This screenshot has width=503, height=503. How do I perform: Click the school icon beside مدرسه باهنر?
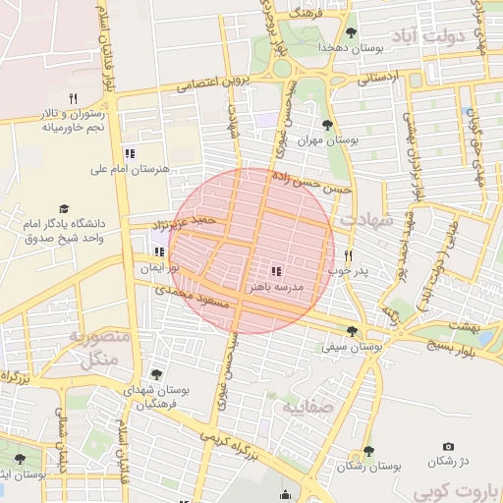[x=276, y=271]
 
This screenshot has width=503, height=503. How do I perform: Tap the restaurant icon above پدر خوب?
[x=348, y=253]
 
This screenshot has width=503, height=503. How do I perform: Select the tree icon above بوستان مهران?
[x=326, y=125]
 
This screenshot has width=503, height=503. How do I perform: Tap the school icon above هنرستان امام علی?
[x=130, y=152]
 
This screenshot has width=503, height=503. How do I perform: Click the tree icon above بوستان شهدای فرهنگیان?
[x=156, y=373]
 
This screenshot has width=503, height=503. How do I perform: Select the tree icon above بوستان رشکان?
[x=367, y=451]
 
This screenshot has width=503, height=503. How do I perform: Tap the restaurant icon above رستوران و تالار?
[x=73, y=97]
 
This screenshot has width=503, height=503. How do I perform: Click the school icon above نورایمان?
[x=159, y=251]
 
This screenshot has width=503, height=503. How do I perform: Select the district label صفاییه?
[x=307, y=406]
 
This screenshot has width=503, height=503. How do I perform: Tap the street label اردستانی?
[x=376, y=76]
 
